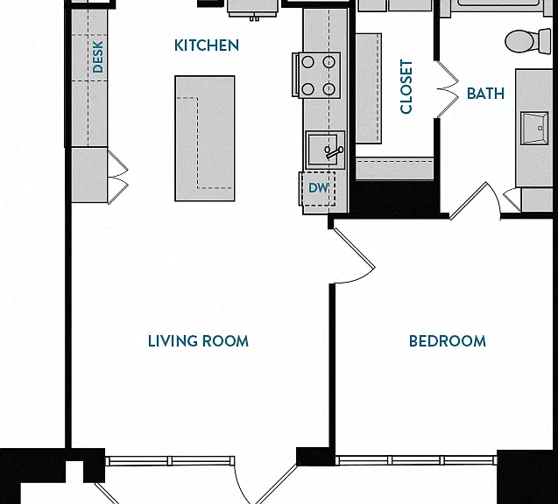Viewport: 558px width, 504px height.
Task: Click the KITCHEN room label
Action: [207, 45]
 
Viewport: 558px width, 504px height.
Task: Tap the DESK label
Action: [97, 57]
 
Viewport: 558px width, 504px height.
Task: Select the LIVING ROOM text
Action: [198, 341]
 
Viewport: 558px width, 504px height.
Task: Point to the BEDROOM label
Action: [448, 341]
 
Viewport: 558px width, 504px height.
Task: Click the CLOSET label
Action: [406, 87]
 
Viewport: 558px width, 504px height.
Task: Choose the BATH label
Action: [485, 94]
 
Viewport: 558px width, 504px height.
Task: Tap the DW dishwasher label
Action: [318, 188]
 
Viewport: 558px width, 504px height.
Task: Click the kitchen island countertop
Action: [205, 138]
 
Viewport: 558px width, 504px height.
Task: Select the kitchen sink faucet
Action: [334, 152]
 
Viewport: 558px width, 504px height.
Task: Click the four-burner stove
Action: [316, 75]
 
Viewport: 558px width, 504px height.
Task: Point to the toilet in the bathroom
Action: [527, 41]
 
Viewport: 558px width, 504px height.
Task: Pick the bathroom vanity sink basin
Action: [534, 128]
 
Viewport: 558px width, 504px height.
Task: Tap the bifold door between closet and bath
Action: [448, 89]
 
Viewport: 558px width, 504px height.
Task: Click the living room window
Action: [170, 461]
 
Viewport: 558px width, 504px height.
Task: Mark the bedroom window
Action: [416, 460]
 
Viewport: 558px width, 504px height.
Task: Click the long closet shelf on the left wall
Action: [369, 89]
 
